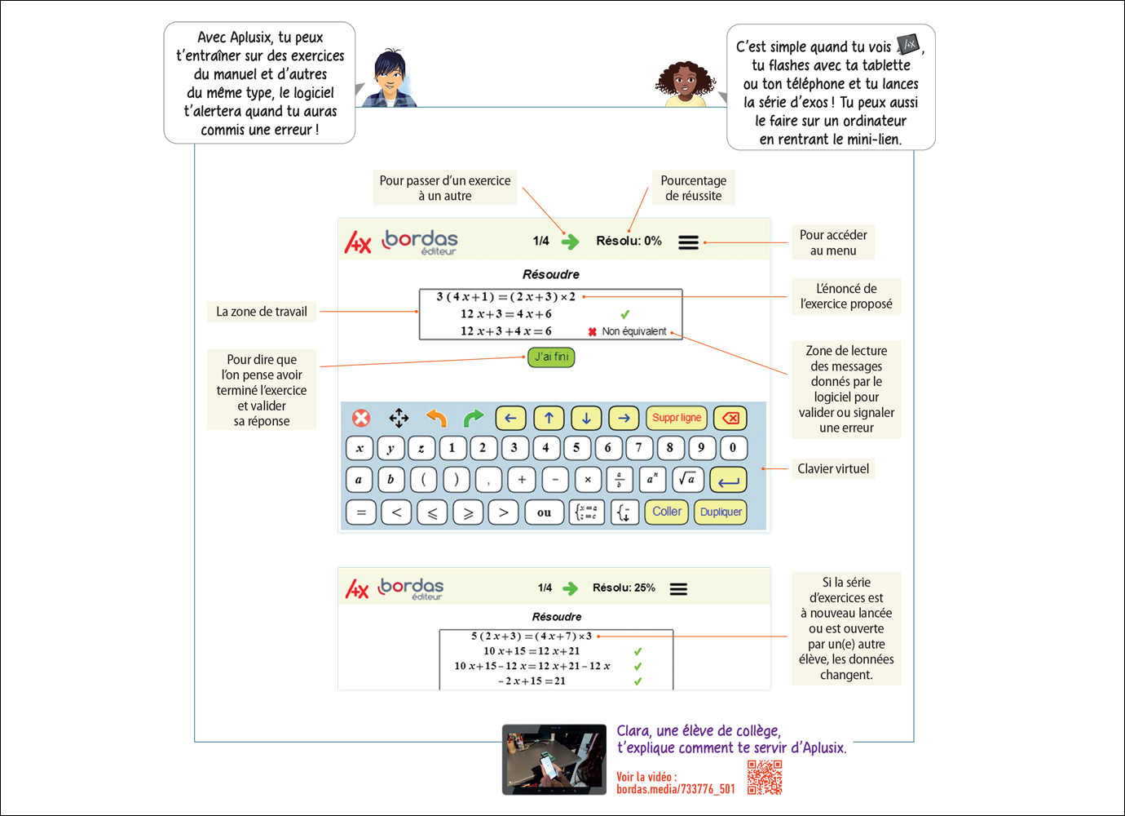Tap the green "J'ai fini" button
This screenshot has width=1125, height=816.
click(x=551, y=357)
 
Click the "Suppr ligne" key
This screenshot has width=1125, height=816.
click(x=677, y=418)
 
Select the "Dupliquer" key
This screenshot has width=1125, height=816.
click(x=721, y=512)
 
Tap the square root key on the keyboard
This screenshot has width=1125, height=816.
click(x=687, y=479)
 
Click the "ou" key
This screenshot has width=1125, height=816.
click(x=544, y=512)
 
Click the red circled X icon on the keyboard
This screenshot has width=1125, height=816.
click(x=361, y=418)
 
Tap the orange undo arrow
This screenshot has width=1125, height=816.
click(x=436, y=418)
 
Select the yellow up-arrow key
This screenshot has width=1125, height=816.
click(x=549, y=418)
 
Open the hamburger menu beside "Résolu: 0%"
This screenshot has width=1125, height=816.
click(x=688, y=242)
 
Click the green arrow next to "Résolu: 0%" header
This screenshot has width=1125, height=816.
click(x=570, y=242)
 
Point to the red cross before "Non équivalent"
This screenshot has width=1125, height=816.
click(x=593, y=332)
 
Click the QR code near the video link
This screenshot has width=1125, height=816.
click(x=765, y=778)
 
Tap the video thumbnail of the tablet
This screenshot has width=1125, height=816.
click(x=554, y=759)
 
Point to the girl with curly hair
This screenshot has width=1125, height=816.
click(x=686, y=83)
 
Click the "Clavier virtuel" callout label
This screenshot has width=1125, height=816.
click(x=833, y=468)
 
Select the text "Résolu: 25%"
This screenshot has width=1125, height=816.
click(x=624, y=588)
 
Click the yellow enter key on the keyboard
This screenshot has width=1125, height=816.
click(x=728, y=479)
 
